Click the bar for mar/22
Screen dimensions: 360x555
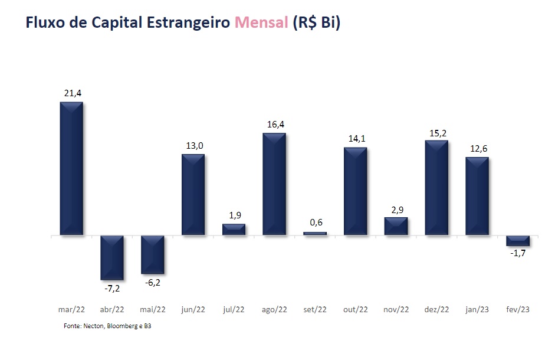(71, 169)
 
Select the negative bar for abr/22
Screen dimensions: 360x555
(112, 257)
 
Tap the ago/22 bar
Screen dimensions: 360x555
(274, 184)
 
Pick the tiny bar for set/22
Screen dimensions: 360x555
(315, 234)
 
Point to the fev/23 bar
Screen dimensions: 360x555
(518, 241)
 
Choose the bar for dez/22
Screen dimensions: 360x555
(436, 188)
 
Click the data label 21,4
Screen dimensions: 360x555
(71, 93)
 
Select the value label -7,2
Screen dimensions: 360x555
(111, 289)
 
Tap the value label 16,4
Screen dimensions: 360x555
(274, 124)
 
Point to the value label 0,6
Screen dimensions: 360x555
(315, 222)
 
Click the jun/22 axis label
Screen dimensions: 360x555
(193, 309)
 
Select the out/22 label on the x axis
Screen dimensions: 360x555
(355, 309)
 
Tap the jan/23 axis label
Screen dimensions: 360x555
(477, 309)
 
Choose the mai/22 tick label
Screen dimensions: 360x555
(153, 309)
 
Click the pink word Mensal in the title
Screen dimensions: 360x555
(261, 23)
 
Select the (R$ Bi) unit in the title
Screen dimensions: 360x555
(317, 23)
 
